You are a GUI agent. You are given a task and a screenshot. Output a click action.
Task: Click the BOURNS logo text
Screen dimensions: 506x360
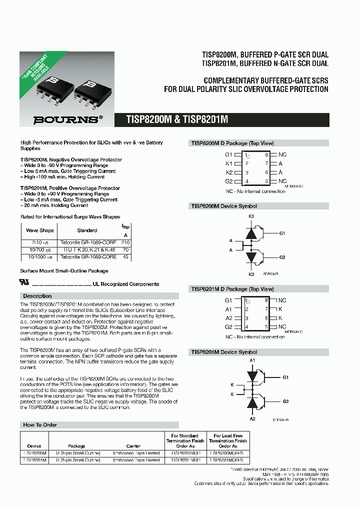[65, 120]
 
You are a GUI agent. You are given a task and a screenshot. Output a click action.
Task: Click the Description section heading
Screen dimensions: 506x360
[37, 296]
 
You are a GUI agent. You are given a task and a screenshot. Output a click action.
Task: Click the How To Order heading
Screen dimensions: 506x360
[40, 424]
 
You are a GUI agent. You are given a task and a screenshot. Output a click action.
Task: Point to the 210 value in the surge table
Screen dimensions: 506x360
[125, 242]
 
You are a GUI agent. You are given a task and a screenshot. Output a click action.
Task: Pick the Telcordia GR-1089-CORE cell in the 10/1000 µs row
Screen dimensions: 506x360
[88, 256]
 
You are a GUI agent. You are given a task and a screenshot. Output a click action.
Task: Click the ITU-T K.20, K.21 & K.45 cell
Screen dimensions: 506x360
[88, 249]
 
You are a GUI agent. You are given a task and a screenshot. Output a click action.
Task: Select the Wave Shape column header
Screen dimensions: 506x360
[40, 230]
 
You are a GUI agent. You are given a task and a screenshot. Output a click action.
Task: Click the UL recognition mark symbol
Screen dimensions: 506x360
[24, 282]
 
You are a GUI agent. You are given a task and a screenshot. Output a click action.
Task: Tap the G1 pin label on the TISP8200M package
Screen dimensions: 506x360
[228, 155]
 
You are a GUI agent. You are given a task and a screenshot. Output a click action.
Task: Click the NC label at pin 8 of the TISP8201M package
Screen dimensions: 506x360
[282, 300]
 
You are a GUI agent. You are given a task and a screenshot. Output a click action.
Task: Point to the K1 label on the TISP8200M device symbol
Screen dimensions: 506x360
[251, 216]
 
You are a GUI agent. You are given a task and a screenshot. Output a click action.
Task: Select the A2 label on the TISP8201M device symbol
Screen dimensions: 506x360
[252, 418]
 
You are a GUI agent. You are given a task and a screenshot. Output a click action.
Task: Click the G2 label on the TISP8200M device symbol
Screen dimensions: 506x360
[282, 257]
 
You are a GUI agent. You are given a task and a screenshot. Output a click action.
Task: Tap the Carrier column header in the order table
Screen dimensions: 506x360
[133, 446]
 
